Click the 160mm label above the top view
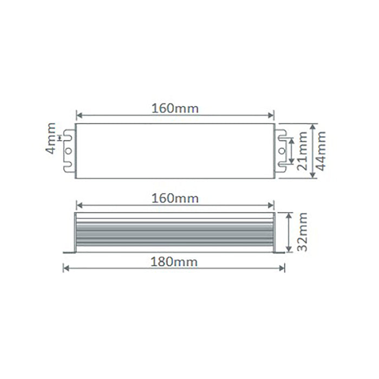coord(175,108)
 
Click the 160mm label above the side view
coord(175,199)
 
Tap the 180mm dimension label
coord(174,262)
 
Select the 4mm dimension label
coord(50,138)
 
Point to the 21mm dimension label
coord(302,151)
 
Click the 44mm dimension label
coord(321,151)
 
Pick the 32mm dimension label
coord(302,232)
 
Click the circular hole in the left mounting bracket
coord(69,151)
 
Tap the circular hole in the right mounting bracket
coord(282,151)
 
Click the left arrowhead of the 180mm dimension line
coord(66,269)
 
